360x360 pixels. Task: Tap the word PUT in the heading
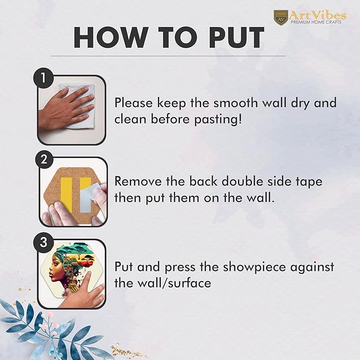click(x=236, y=38)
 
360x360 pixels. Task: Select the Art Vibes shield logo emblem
click(x=280, y=17)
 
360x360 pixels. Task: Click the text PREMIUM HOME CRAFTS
click(x=316, y=22)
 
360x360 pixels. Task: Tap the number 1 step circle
click(x=43, y=78)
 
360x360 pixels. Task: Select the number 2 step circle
click(x=43, y=159)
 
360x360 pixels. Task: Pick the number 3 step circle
click(x=43, y=242)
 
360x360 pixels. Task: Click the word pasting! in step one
click(x=218, y=119)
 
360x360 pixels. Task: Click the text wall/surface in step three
click(x=180, y=283)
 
